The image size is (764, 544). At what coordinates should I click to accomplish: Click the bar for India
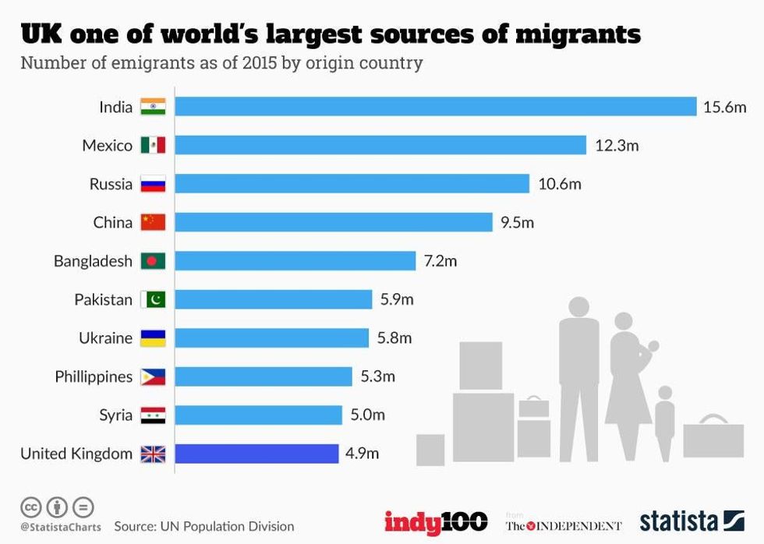pyautogui.click(x=435, y=107)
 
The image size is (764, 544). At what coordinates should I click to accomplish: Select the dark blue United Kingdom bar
pyautogui.click(x=256, y=454)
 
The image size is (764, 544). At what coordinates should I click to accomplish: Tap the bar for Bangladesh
pyautogui.click(x=295, y=260)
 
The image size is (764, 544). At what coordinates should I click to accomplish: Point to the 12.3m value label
pyautogui.click(x=616, y=146)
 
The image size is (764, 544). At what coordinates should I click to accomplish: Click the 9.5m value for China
pyautogui.click(x=517, y=223)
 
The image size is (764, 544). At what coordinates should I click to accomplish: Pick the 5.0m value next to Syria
pyautogui.click(x=367, y=415)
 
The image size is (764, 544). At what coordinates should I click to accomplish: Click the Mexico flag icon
pyautogui.click(x=153, y=146)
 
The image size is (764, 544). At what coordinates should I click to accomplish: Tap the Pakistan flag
pyautogui.click(x=153, y=299)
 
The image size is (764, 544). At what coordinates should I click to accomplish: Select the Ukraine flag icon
pyautogui.click(x=153, y=338)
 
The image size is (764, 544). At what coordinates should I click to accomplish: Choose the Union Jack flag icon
pyautogui.click(x=153, y=454)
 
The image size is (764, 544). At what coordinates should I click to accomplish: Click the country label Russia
pyautogui.click(x=111, y=185)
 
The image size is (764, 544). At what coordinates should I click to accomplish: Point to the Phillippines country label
pyautogui.click(x=94, y=377)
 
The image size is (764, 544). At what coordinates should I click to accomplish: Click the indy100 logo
pyautogui.click(x=436, y=522)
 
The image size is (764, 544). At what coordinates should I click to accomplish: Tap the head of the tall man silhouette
pyautogui.click(x=578, y=307)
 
